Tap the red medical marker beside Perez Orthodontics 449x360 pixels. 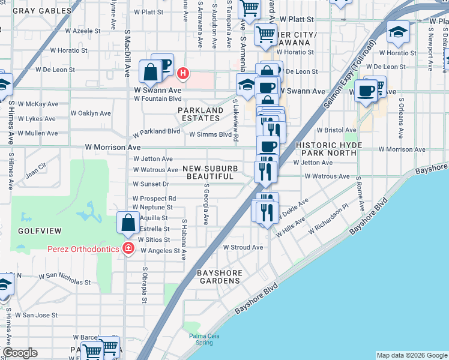(x=127, y=249)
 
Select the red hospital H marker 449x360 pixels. (x=184, y=74)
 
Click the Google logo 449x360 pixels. (x=20, y=353)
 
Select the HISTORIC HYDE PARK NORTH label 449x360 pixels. (x=330, y=149)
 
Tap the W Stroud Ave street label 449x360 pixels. (x=243, y=247)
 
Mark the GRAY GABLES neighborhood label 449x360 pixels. (x=35, y=10)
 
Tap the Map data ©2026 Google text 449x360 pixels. (x=412, y=355)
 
